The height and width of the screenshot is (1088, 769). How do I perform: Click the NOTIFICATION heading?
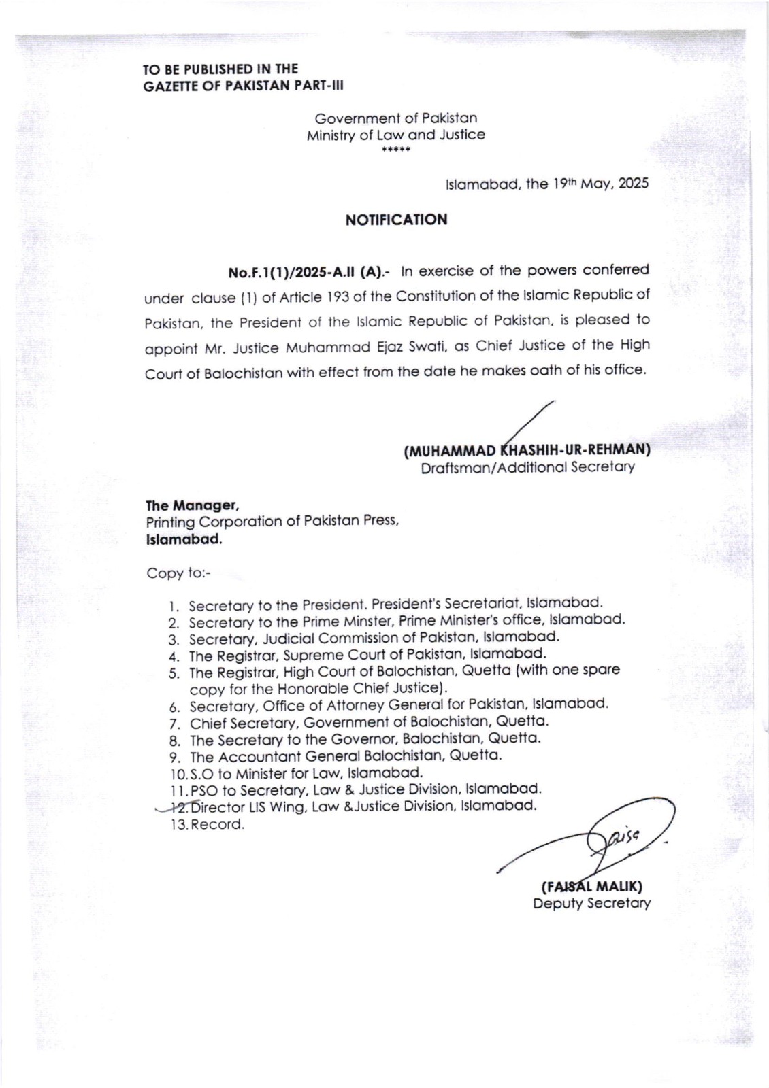tap(396, 220)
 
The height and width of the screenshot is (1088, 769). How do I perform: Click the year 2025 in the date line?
tap(634, 184)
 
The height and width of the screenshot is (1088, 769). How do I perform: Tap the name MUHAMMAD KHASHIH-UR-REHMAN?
tap(527, 450)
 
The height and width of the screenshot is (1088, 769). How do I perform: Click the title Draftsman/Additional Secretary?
tap(527, 468)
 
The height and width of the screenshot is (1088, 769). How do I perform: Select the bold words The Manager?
tap(191, 505)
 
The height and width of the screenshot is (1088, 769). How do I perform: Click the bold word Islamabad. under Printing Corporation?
tap(183, 540)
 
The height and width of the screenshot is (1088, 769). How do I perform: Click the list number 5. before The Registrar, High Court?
tap(174, 673)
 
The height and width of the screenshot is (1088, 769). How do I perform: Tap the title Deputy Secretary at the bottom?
tap(591, 904)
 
